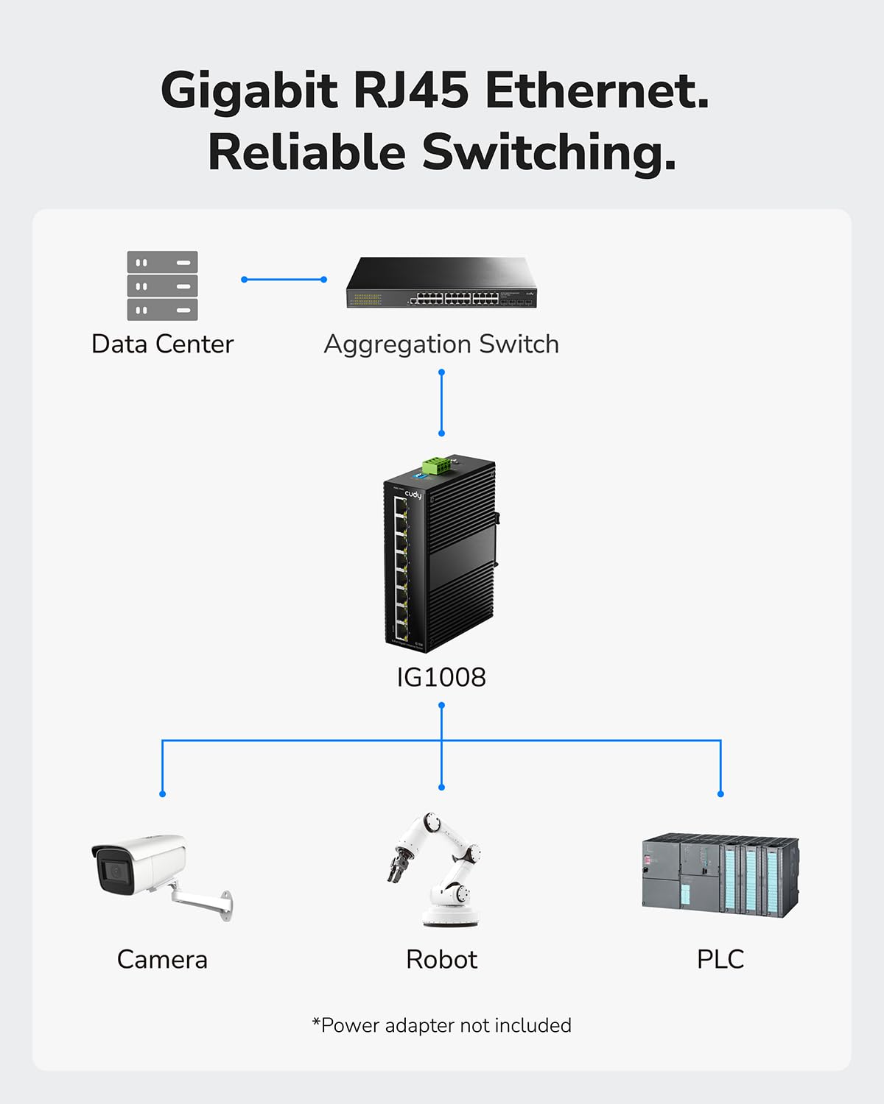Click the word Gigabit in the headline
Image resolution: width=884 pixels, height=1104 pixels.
[249, 92]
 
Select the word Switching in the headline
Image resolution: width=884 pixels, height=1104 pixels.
[548, 152]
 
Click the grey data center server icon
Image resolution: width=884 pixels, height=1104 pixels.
[162, 286]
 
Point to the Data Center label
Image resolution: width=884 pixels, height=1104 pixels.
[162, 344]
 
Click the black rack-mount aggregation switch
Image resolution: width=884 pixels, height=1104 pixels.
[442, 283]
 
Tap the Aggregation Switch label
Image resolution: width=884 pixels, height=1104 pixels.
[441, 344]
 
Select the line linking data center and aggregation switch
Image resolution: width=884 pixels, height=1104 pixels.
[284, 280]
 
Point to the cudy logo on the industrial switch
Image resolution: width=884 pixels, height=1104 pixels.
[413, 495]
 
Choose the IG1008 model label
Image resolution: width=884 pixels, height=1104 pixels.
[441, 677]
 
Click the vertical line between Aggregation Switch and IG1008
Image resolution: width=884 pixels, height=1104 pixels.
[441, 403]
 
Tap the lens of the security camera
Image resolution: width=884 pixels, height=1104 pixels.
[115, 871]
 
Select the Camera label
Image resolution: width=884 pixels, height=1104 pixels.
[162, 959]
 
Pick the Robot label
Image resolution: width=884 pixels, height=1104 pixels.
[441, 959]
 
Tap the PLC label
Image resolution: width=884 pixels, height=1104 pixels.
[720, 959]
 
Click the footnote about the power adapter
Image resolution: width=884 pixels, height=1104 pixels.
[441, 1025]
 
